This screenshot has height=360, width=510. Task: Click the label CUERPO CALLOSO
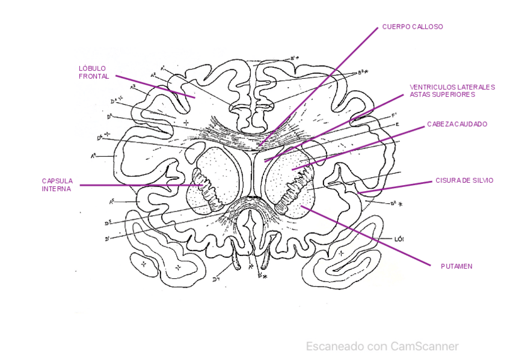[413, 27]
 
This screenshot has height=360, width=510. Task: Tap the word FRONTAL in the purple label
[94, 76]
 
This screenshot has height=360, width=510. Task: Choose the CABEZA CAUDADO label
[457, 124]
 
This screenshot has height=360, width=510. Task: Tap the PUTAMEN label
[456, 266]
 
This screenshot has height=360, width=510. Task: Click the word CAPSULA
[57, 180]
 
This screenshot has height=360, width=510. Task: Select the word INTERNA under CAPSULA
[56, 189]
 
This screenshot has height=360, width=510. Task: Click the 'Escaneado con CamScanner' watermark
[382, 346]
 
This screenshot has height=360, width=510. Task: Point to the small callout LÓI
[398, 239]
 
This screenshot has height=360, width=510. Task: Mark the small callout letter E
[398, 124]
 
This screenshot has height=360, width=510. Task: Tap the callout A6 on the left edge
[94, 156]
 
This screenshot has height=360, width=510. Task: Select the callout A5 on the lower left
[112, 202]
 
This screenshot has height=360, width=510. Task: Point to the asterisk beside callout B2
[401, 204]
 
